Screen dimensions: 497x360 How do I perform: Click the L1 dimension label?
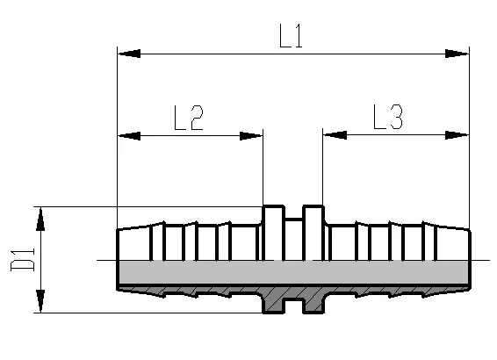pos(291,35)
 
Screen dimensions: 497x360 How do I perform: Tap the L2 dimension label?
pos(189,118)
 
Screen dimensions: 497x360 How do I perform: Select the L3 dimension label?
pos(388,117)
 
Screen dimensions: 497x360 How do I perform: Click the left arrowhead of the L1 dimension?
pos(129,54)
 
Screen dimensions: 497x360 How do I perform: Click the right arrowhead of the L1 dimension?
pos(457,54)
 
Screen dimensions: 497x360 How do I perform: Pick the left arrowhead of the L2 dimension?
pos(129,136)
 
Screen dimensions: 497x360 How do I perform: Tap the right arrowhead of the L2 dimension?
pos(251,136)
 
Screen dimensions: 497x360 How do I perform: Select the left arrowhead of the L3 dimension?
pos(335,135)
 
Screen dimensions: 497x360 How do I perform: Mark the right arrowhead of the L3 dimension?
pos(457,135)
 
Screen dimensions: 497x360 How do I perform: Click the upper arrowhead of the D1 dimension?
pos(40,219)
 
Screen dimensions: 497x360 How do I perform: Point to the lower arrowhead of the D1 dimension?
pos(40,301)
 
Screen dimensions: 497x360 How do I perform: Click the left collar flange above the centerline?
pos(274,233)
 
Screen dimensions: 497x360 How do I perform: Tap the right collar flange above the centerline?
pos(313,233)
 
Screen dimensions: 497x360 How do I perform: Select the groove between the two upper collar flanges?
pos(294,239)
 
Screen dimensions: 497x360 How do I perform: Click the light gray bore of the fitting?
pos(294,272)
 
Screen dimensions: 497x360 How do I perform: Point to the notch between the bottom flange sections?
pos(294,306)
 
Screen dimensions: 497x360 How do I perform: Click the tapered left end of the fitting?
pos(134,244)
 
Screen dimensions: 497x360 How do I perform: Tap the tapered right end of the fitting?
pos(453,244)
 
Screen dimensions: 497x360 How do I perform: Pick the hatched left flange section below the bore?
pos(274,299)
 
